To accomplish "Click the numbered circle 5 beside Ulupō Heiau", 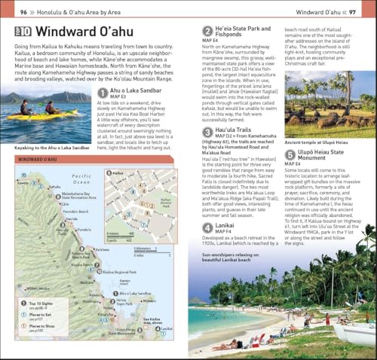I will point(290,155).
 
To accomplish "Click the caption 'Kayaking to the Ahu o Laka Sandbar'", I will point(48,147).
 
